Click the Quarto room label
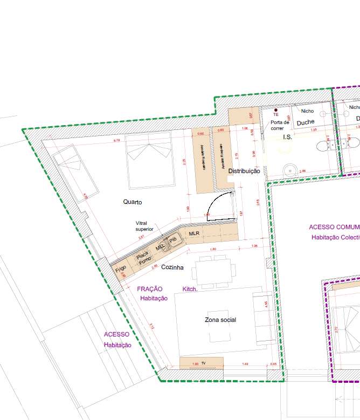[x=132, y=202]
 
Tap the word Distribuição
[x=244, y=171]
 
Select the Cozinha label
[x=172, y=267]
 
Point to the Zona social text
[x=220, y=320]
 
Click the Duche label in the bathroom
[x=306, y=122]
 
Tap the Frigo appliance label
[x=120, y=268]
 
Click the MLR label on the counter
[x=194, y=233]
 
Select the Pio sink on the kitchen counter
[x=173, y=240]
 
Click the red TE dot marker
[x=275, y=110]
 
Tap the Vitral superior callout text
[x=144, y=226]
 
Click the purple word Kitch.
[x=190, y=290]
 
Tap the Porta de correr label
[x=280, y=125]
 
